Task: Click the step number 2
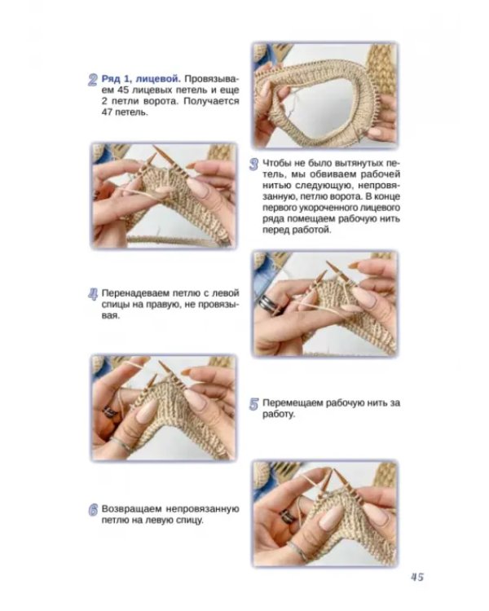[92, 80]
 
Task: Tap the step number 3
[253, 164]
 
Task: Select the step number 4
[93, 294]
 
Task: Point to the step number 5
[253, 404]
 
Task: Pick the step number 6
[93, 510]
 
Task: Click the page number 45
[416, 577]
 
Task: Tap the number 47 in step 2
[108, 112]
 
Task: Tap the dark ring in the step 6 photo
[288, 516]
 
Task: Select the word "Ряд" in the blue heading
[110, 79]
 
